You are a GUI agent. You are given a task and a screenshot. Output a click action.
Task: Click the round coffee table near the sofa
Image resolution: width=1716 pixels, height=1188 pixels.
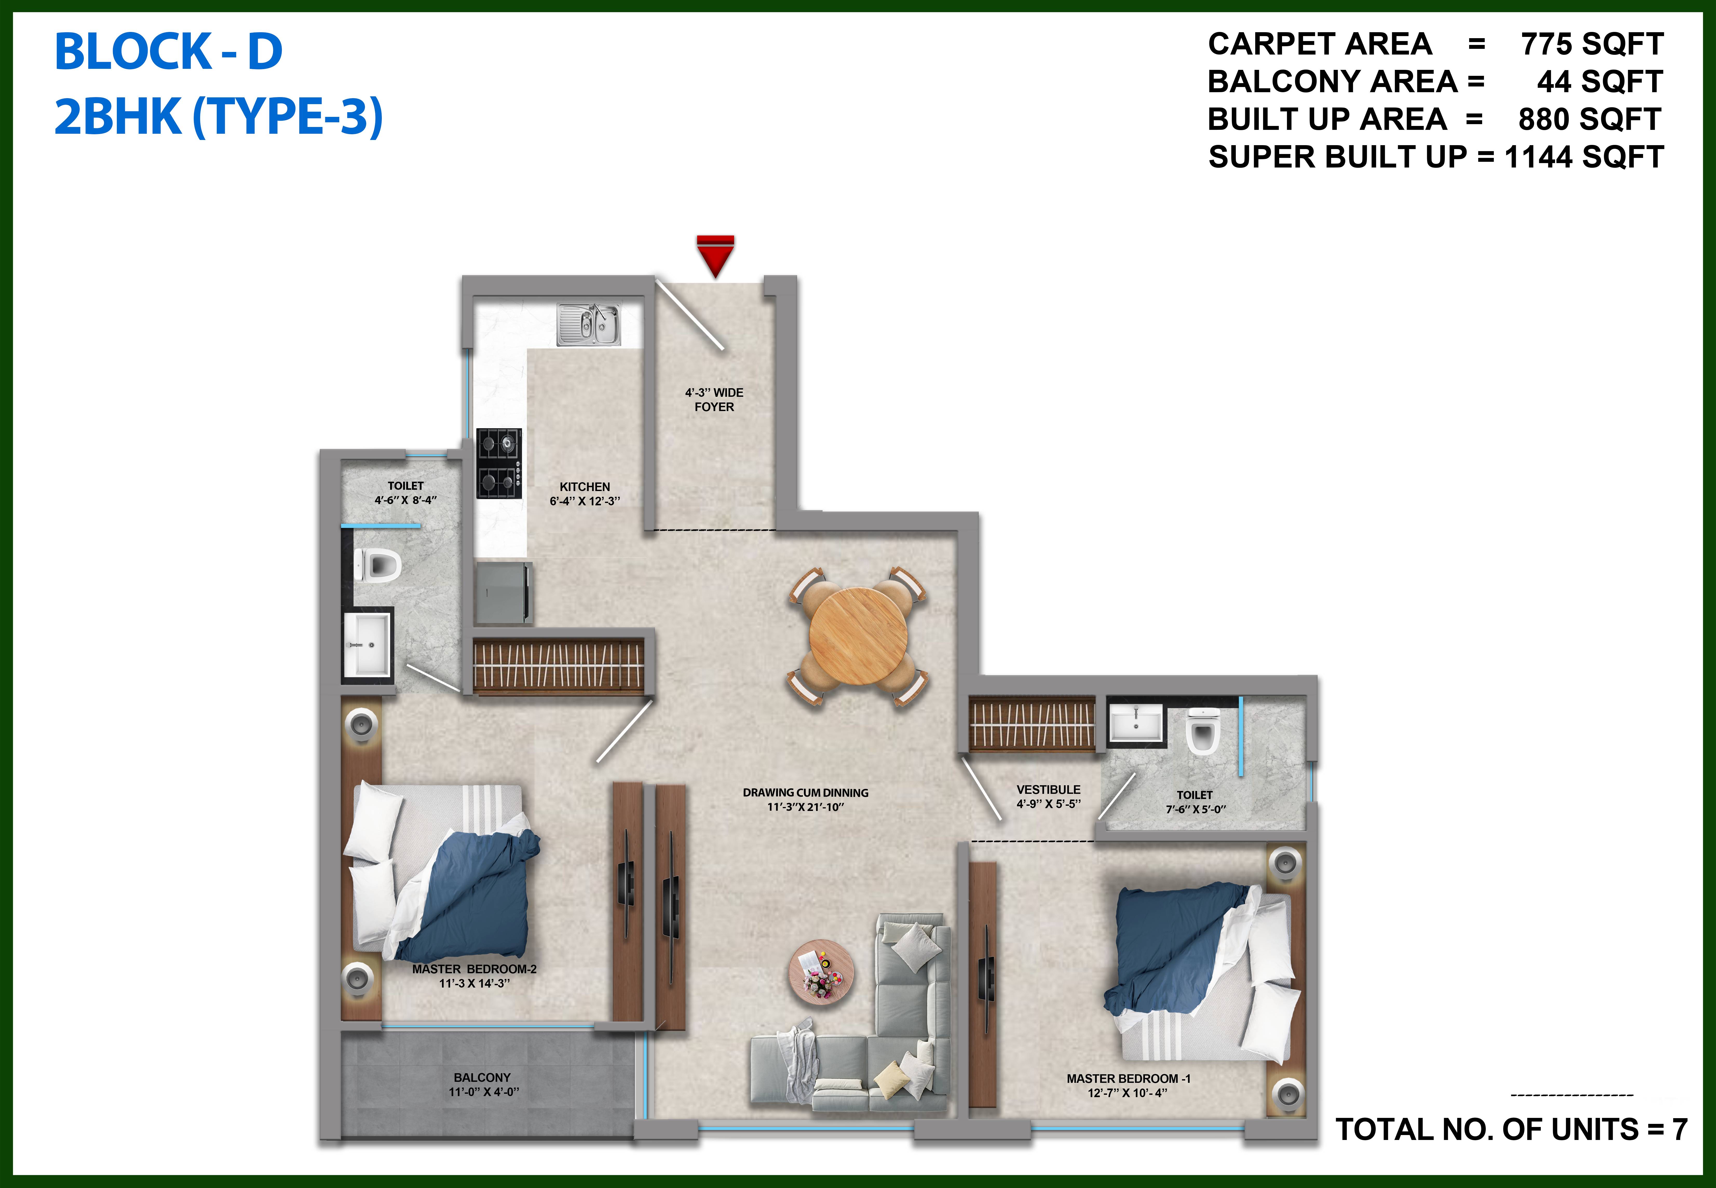(822, 972)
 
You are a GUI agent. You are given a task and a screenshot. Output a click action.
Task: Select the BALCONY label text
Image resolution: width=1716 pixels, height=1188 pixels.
(482, 1077)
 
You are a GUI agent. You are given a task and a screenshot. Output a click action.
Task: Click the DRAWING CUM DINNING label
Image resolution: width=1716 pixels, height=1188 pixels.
(805, 793)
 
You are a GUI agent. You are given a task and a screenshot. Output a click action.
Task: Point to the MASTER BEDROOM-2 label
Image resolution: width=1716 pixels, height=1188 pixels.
(474, 969)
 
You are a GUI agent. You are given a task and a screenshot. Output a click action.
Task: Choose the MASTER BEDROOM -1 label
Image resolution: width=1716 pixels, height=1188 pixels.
(1128, 1079)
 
